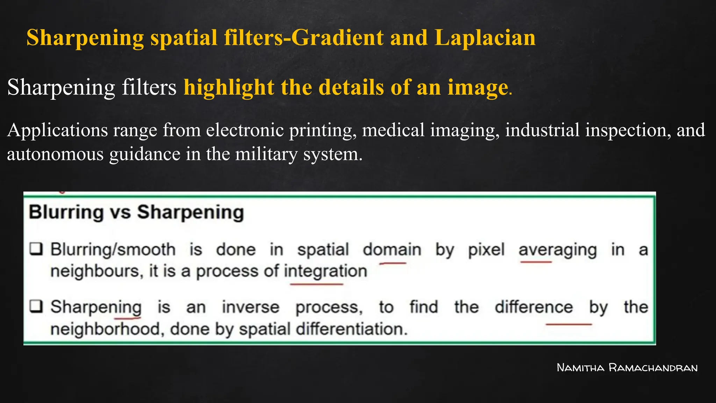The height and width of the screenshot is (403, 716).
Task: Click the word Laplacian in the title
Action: (485, 37)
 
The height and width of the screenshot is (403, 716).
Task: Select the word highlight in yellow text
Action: (229, 87)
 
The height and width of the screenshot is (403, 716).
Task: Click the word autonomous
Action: (55, 154)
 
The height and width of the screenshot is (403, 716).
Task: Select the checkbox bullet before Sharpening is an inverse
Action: (36, 306)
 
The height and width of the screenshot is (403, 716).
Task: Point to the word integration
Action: (325, 271)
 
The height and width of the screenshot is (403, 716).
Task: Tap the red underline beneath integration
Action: (317, 284)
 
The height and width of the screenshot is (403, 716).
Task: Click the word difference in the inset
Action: (534, 307)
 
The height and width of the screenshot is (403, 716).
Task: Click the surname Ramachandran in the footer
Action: (653, 368)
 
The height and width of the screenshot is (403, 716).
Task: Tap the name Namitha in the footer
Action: (580, 368)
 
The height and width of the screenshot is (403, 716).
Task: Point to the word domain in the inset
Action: (392, 250)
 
